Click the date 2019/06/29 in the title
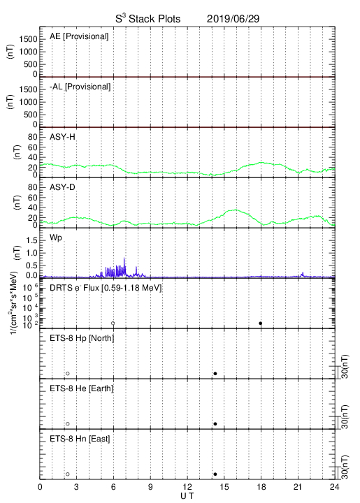pyautogui.click(x=233, y=19)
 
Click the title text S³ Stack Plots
pyautogui.click(x=148, y=19)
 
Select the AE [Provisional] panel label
pyautogui.click(x=79, y=36)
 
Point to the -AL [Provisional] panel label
pyautogui.click(x=80, y=87)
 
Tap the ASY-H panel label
pyautogui.click(x=62, y=137)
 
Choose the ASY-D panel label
pyautogui.click(x=62, y=187)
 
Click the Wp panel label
pyautogui.click(x=55, y=238)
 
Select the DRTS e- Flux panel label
pyautogui.click(x=106, y=288)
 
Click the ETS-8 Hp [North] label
pyautogui.click(x=82, y=338)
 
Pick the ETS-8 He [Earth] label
pyautogui.click(x=82, y=388)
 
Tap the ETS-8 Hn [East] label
pyautogui.click(x=80, y=439)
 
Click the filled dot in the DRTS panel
pyautogui.click(x=261, y=323)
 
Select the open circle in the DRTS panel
pyautogui.click(x=113, y=323)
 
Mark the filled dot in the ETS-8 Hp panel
pyautogui.click(x=215, y=373)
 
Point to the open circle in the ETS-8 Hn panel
pyautogui.click(x=68, y=474)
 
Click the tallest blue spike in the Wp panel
pyautogui.click(x=124, y=258)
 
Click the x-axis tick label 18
pyautogui.click(x=261, y=487)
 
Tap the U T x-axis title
pyautogui.click(x=187, y=496)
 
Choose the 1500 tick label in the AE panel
pyautogui.click(x=28, y=39)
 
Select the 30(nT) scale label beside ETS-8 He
pyautogui.click(x=345, y=416)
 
